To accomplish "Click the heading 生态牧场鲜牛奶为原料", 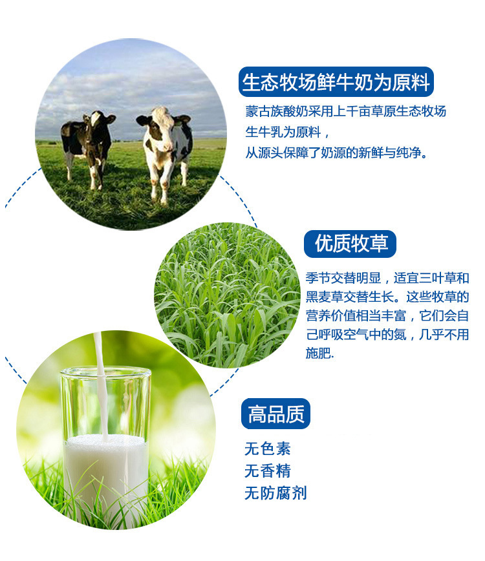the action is coord(336,82).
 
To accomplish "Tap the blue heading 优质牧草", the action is coord(350,244).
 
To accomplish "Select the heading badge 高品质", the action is coord(275,414).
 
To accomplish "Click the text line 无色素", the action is coord(267,449).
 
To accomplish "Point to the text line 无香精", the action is coord(267,471).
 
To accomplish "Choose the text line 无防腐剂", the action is coord(275,493).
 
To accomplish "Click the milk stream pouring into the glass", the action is coord(102,386).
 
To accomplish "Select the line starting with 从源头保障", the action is coord(336,153).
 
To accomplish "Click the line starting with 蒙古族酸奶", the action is coord(346,111).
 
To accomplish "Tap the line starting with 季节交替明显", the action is coord(387,278).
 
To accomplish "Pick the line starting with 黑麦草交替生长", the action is coord(387,297).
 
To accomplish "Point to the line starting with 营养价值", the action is coord(387,315).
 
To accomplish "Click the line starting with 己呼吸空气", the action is coord(387,335).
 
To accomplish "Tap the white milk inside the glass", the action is coord(106,476).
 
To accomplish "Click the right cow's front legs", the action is coord(159,179).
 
